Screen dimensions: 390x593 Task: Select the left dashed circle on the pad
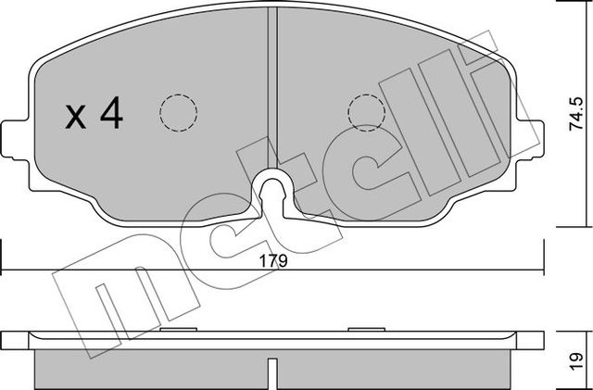(x=178, y=112)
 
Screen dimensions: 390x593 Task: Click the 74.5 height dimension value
(x=576, y=116)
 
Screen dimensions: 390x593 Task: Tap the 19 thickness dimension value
(x=576, y=358)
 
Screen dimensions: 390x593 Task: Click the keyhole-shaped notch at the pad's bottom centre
(x=272, y=191)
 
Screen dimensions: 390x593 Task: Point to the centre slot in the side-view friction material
(x=272, y=372)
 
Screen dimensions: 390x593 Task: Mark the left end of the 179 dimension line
(x=3, y=270)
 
